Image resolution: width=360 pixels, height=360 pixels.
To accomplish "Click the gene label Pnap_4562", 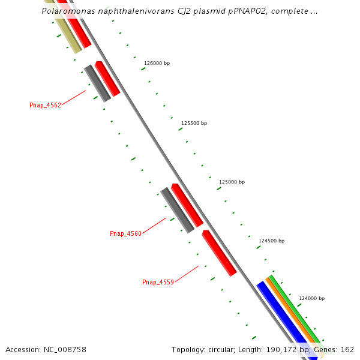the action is coord(45,105).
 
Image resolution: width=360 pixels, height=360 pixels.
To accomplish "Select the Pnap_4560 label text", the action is coord(125,233).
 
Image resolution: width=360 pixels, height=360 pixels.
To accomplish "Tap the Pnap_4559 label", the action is coord(158,282).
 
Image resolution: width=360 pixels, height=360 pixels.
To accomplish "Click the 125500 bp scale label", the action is coord(194,123).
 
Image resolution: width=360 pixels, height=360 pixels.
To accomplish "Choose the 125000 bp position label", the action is coord(232,182).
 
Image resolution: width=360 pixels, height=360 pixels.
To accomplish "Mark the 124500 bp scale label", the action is coord(271,241).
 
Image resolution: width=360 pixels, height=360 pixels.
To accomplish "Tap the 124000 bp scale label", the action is coord(311,298).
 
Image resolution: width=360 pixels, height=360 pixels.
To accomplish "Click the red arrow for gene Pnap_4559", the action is coord(219,253).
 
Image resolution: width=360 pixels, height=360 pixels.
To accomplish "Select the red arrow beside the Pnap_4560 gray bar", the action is coord(187,205).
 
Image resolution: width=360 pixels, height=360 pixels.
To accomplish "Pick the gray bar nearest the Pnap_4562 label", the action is coord(97,83).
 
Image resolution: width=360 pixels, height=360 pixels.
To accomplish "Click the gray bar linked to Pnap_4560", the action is coord(177,210).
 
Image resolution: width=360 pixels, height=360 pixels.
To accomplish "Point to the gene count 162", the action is coord(347,349).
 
